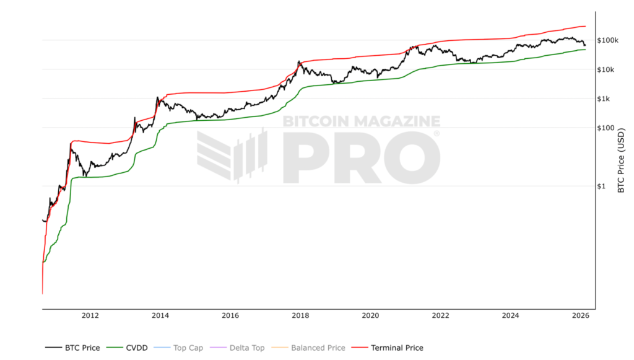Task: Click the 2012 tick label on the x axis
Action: [x=90, y=316]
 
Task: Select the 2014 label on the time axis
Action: [x=160, y=316]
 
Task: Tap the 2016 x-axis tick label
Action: [x=230, y=316]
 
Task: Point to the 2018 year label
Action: [x=300, y=316]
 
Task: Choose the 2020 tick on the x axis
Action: [x=370, y=316]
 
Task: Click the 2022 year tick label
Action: [x=440, y=316]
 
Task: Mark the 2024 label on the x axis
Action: [x=511, y=316]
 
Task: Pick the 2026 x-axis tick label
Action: [x=580, y=316]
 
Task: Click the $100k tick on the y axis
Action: [x=609, y=40]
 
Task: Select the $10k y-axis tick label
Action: [x=607, y=69]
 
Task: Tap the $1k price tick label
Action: [x=605, y=99]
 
